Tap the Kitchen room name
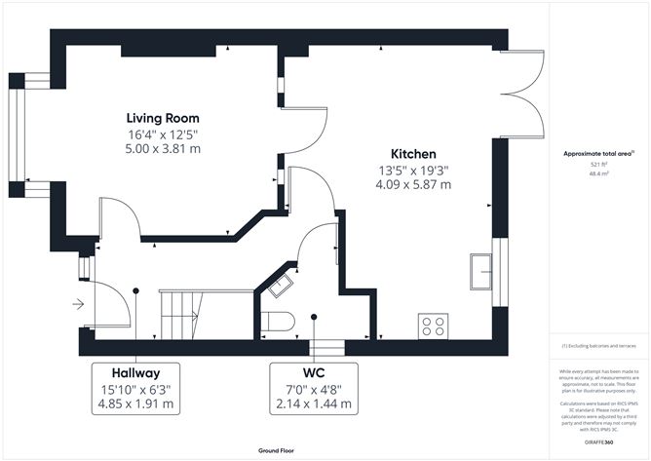coord(413,154)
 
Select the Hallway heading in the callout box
coord(135,372)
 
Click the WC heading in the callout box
coord(314,372)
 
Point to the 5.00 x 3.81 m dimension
coord(164,149)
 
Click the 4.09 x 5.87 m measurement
coord(413,186)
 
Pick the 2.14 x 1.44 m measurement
coord(314,404)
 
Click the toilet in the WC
coord(281,321)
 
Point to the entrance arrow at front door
coord(78,305)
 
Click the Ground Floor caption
coord(277,451)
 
